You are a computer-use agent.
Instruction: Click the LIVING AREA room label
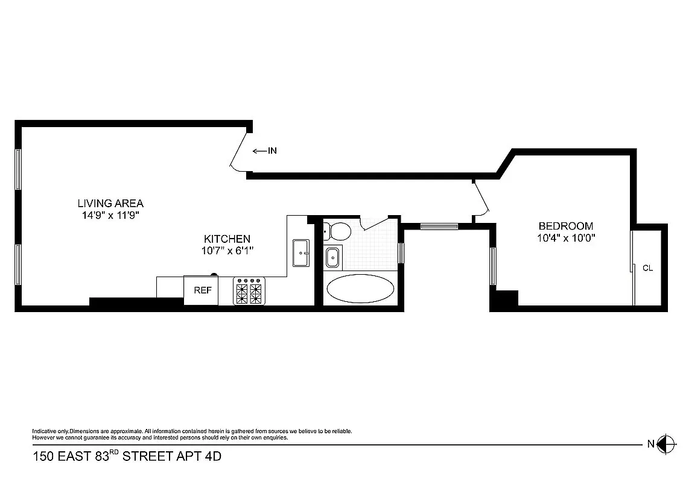(110, 203)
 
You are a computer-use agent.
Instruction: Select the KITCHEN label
(226, 239)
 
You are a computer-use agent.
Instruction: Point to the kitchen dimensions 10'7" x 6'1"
(226, 250)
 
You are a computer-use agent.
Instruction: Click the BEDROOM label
(565, 226)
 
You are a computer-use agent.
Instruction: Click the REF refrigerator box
(202, 290)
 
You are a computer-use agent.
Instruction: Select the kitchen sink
(300, 252)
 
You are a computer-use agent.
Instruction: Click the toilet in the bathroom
(337, 231)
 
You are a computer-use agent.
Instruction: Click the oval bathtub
(360, 289)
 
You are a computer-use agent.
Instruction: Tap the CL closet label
(647, 268)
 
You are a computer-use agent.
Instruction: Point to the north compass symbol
(667, 444)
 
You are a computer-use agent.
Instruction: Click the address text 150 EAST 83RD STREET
(127, 457)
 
